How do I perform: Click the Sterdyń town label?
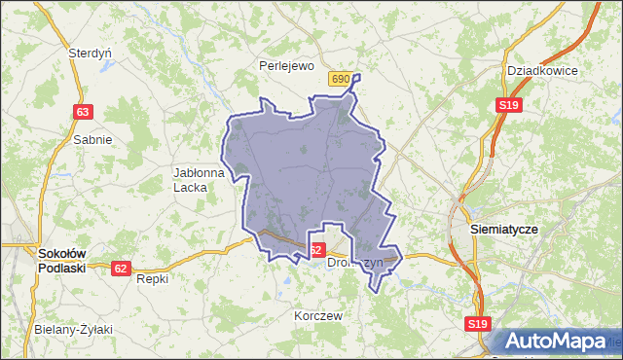pyautogui.click(x=91, y=54)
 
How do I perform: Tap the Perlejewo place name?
pyautogui.click(x=286, y=66)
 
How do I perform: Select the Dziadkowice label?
pyautogui.click(x=543, y=71)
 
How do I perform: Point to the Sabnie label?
pyautogui.click(x=92, y=139)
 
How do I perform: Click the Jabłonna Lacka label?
pyautogui.click(x=199, y=179)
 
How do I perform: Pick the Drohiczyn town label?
pyautogui.click(x=362, y=262)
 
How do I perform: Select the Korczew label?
pyautogui.click(x=318, y=316)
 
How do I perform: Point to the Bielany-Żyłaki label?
pyautogui.click(x=73, y=330)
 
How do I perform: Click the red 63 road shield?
pyautogui.click(x=82, y=112)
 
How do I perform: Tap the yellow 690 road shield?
pyautogui.click(x=340, y=79)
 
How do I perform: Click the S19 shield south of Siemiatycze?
pyautogui.click(x=476, y=324)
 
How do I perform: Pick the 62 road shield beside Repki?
pyautogui.click(x=121, y=269)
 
